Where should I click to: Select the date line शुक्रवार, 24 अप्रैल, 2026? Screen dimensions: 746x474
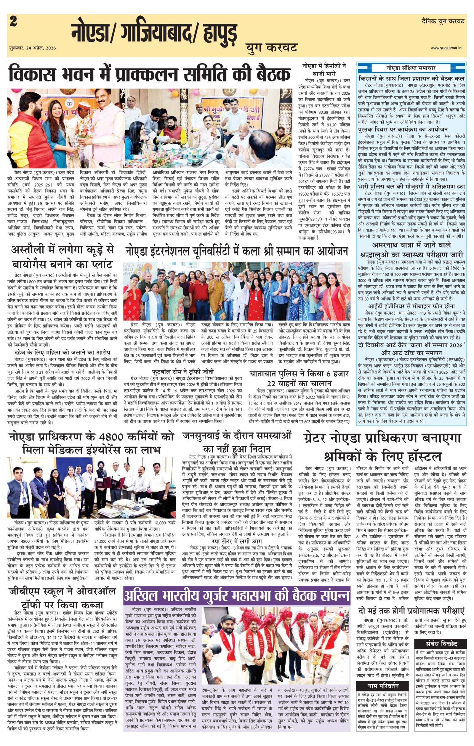(33, 48)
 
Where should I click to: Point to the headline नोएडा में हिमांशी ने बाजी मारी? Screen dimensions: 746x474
(325, 69)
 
